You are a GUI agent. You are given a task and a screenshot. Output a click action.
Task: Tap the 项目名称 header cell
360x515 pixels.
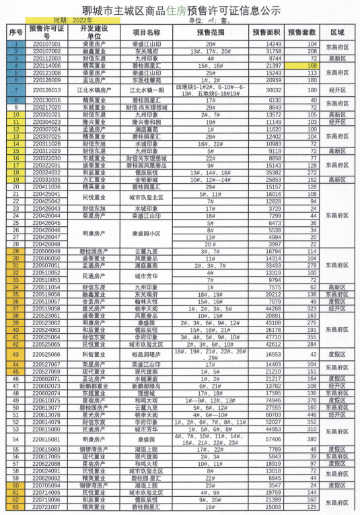(x=147, y=32)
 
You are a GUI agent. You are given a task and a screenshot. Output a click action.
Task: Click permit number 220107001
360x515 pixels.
(x=46, y=44)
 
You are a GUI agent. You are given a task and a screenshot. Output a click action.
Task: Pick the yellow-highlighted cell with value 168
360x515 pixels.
(x=311, y=66)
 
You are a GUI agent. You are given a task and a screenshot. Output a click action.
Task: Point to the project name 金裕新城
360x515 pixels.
(x=147, y=180)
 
